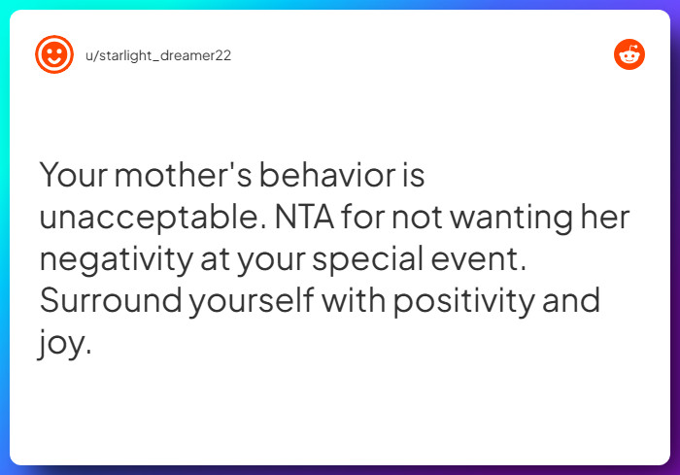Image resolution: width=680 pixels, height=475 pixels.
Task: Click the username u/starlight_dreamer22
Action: [x=158, y=55]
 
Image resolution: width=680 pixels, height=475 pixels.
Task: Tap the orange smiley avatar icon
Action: [x=53, y=54]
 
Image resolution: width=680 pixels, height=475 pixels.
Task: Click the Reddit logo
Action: [x=629, y=54]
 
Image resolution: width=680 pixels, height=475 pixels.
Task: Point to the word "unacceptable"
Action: [x=149, y=218]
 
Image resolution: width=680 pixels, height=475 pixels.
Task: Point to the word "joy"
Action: [x=64, y=343]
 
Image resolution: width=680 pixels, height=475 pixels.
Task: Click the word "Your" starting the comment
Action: [x=75, y=176]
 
